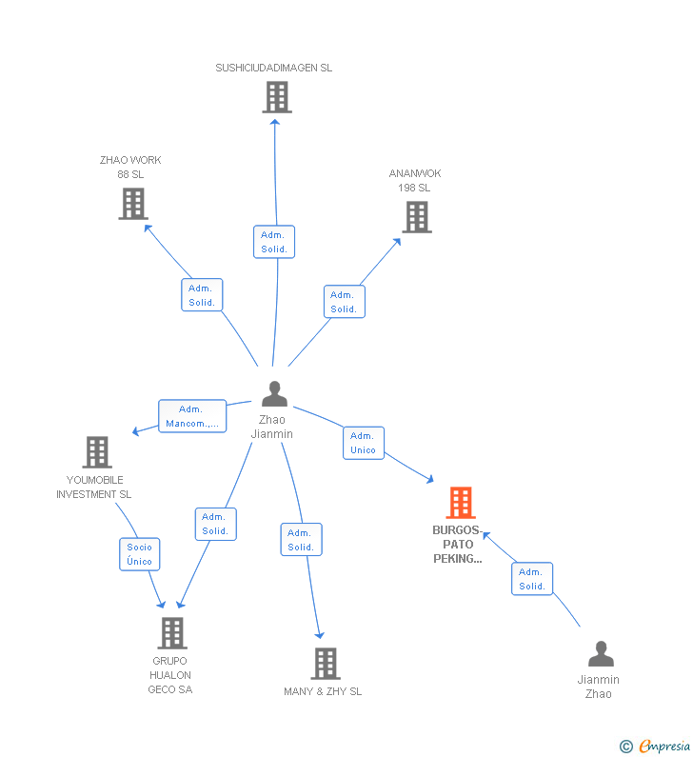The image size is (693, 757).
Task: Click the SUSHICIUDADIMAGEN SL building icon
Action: click(x=276, y=97)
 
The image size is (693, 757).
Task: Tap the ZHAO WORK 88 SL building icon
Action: click(x=133, y=203)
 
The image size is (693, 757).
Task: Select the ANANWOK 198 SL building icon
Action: click(x=416, y=217)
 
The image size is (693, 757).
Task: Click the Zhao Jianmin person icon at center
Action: click(x=274, y=393)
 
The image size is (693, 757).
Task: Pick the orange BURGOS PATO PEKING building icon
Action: click(x=460, y=503)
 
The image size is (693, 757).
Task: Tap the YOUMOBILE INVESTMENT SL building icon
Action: click(x=97, y=452)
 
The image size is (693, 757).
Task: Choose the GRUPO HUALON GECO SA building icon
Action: click(x=171, y=633)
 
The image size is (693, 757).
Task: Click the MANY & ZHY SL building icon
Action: click(x=325, y=664)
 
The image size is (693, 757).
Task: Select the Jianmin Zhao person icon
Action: click(x=601, y=654)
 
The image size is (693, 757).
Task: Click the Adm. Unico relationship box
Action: click(x=363, y=443)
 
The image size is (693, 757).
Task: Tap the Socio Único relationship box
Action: click(x=139, y=554)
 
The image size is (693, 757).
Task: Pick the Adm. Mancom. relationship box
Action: click(x=192, y=416)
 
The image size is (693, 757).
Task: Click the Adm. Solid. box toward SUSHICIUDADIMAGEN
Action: click(x=274, y=242)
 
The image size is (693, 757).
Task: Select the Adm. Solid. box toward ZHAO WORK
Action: click(x=202, y=295)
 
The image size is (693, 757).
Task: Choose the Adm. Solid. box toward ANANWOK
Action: click(x=344, y=302)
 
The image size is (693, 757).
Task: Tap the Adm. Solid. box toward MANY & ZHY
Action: click(x=301, y=540)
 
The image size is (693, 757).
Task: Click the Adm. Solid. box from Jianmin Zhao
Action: click(x=532, y=579)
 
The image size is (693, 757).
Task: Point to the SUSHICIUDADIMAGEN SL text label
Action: click(x=274, y=68)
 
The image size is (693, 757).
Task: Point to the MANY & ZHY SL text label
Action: click(x=323, y=691)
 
